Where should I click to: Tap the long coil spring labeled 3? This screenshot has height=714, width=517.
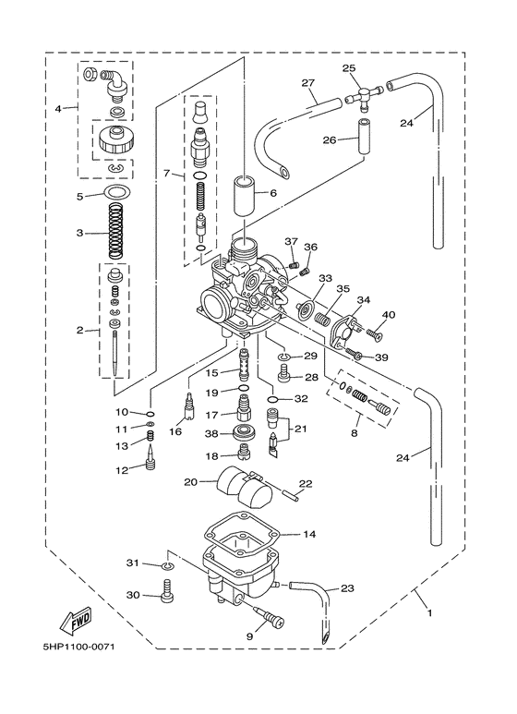[115, 235]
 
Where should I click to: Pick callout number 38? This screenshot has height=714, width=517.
[210, 433]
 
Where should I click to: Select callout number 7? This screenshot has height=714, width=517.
[167, 174]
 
